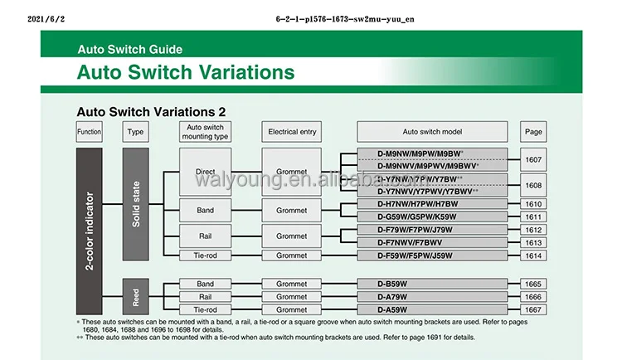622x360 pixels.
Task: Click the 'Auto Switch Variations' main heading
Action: tap(186, 72)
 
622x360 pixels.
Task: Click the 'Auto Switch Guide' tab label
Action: tap(129, 49)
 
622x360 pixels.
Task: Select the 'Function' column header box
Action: tap(89, 132)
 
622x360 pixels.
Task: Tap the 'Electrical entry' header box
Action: tap(291, 132)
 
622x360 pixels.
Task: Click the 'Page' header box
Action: tap(532, 132)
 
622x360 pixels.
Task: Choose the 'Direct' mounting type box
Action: tap(206, 173)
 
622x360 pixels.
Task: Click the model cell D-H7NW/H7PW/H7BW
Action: tap(431, 204)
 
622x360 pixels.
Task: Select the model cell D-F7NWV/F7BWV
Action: tap(431, 242)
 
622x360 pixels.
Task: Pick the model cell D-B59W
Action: tap(431, 284)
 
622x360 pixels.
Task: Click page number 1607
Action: tap(532, 158)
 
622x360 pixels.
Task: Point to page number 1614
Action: tap(532, 255)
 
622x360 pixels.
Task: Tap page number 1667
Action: tap(532, 309)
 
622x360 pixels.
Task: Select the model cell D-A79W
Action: tap(431, 296)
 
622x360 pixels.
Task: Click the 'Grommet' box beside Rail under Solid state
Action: tap(291, 236)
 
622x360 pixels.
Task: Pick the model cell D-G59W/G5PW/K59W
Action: tap(431, 216)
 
